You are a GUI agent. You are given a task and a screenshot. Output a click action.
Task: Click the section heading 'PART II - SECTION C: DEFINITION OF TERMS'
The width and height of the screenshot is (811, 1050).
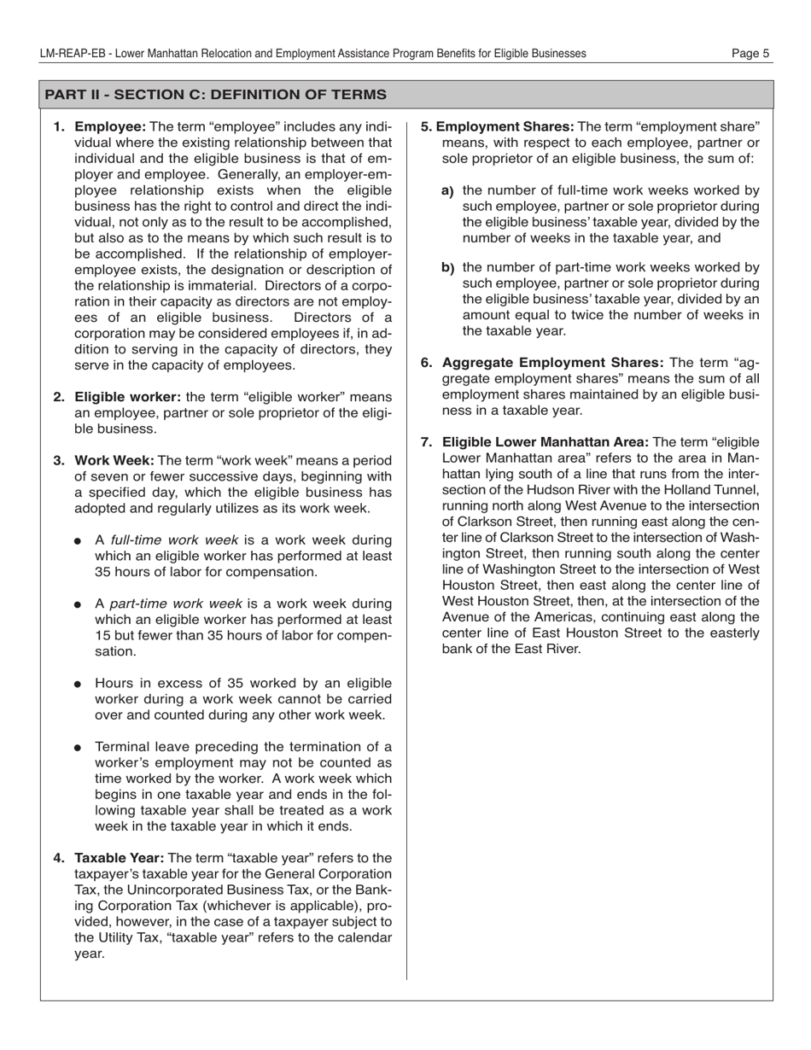tap(215, 94)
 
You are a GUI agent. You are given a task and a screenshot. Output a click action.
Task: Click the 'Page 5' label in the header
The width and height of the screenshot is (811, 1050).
tap(750, 53)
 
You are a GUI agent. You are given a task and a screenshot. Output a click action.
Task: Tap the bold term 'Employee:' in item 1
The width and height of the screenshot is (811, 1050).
tap(110, 127)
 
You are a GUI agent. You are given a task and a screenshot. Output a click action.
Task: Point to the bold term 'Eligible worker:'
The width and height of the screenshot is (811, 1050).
tap(127, 397)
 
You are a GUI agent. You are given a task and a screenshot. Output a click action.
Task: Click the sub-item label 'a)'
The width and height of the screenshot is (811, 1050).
tap(447, 191)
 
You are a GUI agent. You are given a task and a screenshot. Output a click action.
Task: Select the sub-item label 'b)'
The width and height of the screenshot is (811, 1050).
tap(447, 268)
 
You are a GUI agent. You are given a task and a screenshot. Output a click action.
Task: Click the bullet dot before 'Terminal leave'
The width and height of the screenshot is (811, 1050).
tap(79, 748)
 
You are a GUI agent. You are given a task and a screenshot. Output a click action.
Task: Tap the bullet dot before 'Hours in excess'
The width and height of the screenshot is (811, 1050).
tap(79, 685)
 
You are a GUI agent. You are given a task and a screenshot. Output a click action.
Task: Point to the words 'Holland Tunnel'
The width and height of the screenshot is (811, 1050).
tap(715, 490)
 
